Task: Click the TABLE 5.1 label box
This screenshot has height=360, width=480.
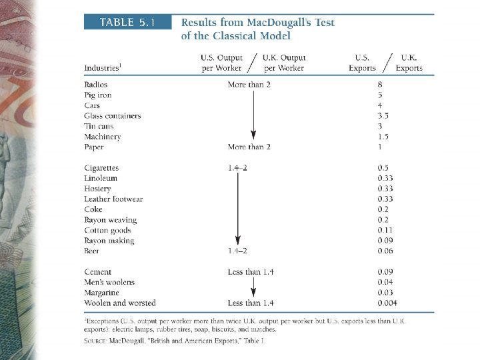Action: coord(127,22)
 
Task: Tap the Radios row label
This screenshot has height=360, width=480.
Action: coord(95,85)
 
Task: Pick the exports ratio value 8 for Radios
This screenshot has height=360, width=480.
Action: coord(379,85)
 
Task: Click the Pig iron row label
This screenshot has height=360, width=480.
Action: coord(98,95)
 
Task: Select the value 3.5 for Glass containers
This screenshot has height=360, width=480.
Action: coord(379,116)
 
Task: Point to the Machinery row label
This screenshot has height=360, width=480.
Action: coord(103,137)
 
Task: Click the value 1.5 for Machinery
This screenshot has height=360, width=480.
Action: coord(379,137)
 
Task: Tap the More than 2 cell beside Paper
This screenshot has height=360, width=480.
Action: coord(249,147)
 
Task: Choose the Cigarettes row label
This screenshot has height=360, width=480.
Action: coord(101,168)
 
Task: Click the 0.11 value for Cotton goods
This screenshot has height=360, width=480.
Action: coord(379,230)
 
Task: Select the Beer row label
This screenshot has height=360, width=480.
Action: coord(91,251)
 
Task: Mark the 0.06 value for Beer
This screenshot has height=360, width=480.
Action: coord(379,251)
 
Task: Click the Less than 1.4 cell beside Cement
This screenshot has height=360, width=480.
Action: coord(251,272)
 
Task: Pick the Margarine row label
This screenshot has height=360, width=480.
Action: coord(101,293)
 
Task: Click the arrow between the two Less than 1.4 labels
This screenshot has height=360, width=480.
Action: coord(253,287)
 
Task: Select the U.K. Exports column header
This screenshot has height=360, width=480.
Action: coord(409,63)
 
